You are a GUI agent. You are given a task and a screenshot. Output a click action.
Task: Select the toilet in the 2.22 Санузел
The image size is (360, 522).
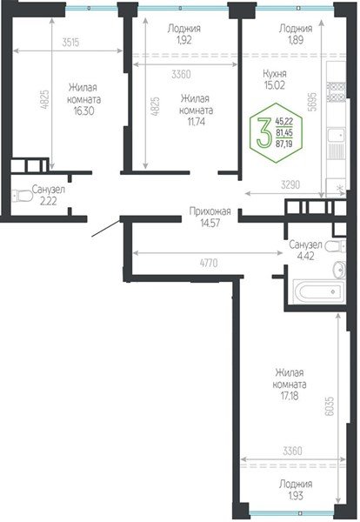(17, 197)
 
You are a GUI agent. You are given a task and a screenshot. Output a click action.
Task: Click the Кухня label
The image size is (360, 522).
(276, 74)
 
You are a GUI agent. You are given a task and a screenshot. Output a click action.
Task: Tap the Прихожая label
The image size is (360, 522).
(210, 211)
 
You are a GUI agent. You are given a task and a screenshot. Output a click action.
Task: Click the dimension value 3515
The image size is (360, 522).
(76, 41)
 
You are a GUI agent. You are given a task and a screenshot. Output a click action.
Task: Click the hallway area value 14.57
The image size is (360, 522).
(210, 222)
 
